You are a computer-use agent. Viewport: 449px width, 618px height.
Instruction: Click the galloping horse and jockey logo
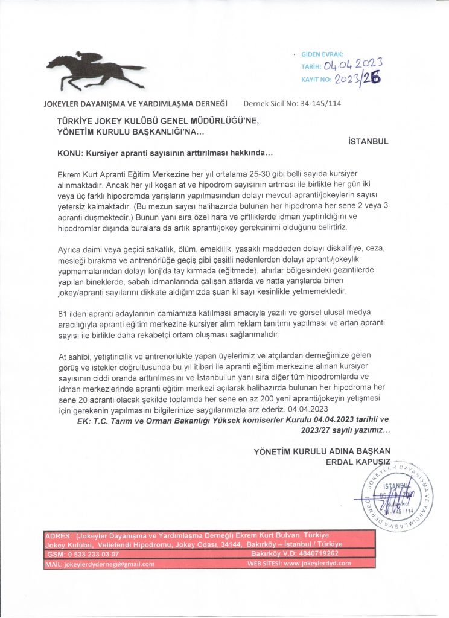[x=95, y=70]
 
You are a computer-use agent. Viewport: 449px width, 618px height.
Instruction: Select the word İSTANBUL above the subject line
[x=369, y=141]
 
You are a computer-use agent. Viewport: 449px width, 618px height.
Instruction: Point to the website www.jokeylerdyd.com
[x=317, y=564]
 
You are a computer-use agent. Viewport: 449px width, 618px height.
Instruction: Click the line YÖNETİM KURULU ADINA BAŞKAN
[x=322, y=451]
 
